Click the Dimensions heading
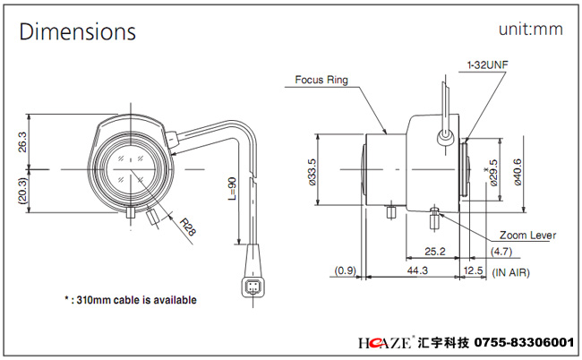tap(78, 31)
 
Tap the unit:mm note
tap(531, 30)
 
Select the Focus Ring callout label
tap(321, 80)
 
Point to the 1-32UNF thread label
tap(487, 65)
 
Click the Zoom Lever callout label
tap(527, 236)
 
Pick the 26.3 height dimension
tap(22, 141)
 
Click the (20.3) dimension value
tap(22, 191)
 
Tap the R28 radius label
tap(188, 227)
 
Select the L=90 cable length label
tap(232, 189)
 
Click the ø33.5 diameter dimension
tap(312, 172)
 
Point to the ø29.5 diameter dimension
tap(493, 173)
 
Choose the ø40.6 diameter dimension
tap(517, 172)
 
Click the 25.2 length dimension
tap(434, 252)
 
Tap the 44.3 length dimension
tap(417, 270)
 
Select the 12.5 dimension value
tap(474, 270)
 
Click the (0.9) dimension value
tap(346, 270)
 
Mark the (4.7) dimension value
tap(501, 252)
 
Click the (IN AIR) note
tap(510, 272)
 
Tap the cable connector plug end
tap(253, 287)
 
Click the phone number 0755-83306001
tap(525, 342)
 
